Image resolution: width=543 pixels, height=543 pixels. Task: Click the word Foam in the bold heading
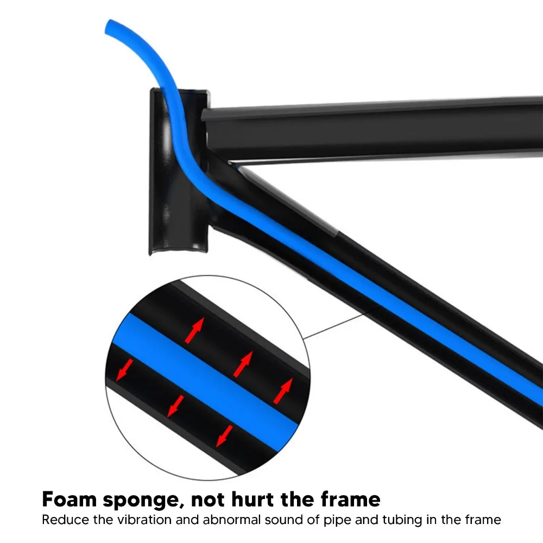(69, 499)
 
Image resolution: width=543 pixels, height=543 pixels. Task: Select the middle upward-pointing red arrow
(243, 364)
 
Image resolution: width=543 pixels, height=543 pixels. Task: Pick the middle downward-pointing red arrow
(175, 406)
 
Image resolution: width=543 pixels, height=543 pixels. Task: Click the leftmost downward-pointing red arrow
(125, 369)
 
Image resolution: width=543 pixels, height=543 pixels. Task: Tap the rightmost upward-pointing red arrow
(283, 390)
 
